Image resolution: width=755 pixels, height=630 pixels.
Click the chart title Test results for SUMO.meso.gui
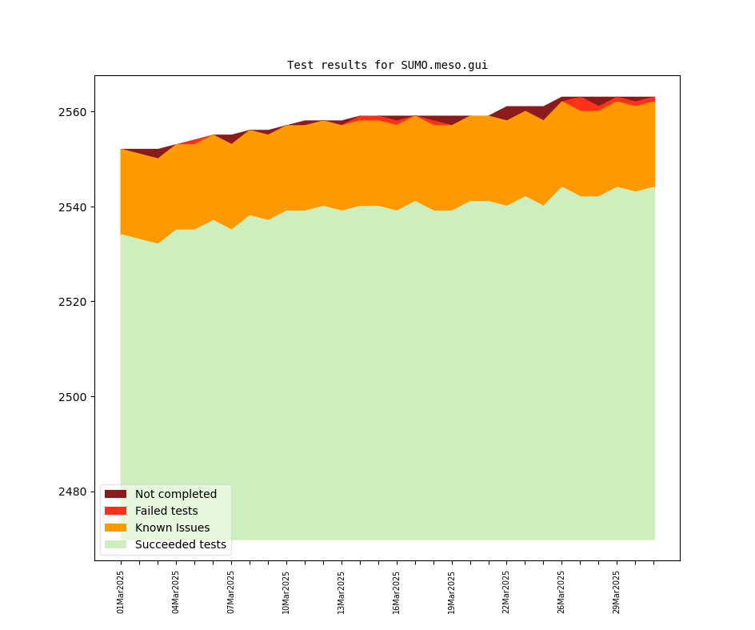(387, 66)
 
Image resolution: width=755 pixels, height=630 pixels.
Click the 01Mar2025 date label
(121, 592)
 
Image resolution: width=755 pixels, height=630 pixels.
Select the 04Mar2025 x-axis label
(176, 592)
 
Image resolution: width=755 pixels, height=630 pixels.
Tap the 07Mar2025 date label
(231, 592)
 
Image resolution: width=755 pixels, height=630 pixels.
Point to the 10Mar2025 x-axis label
(286, 592)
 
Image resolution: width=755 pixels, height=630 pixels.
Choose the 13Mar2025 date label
(341, 592)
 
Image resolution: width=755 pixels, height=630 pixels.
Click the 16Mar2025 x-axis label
(396, 592)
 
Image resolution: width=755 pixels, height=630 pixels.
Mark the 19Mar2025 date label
(451, 592)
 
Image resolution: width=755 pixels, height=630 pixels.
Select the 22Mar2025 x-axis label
(506, 592)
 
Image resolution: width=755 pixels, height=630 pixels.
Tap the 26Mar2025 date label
(561, 592)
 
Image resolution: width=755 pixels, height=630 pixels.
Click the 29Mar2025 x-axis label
(616, 592)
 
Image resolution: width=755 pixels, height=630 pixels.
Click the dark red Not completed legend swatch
(115, 494)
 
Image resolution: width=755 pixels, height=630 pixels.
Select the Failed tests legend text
(166, 511)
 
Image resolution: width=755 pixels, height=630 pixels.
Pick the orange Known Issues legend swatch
(115, 528)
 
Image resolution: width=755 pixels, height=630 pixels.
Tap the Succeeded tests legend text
(181, 544)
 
